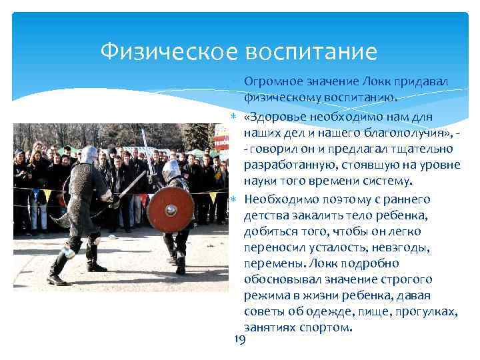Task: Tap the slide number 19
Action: [241, 341]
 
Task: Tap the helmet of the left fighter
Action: [88, 155]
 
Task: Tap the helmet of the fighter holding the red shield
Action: [171, 169]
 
